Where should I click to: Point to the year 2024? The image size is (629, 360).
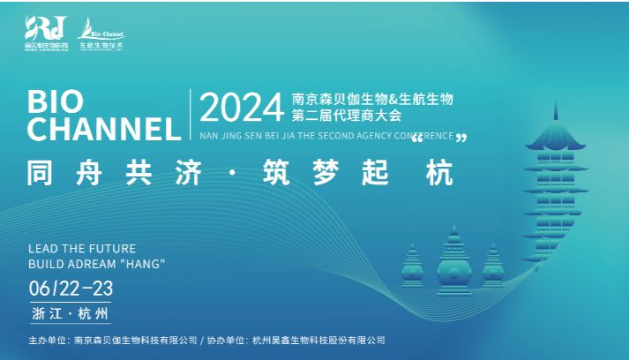[241, 108]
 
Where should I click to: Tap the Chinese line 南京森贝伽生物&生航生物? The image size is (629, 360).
[372, 97]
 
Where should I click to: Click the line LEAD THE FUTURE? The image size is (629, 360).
[82, 250]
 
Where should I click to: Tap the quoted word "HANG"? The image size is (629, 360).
[142, 264]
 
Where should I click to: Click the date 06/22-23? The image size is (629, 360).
[71, 288]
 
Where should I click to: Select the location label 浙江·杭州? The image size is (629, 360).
[70, 313]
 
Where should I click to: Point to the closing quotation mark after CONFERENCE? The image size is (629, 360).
[461, 138]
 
